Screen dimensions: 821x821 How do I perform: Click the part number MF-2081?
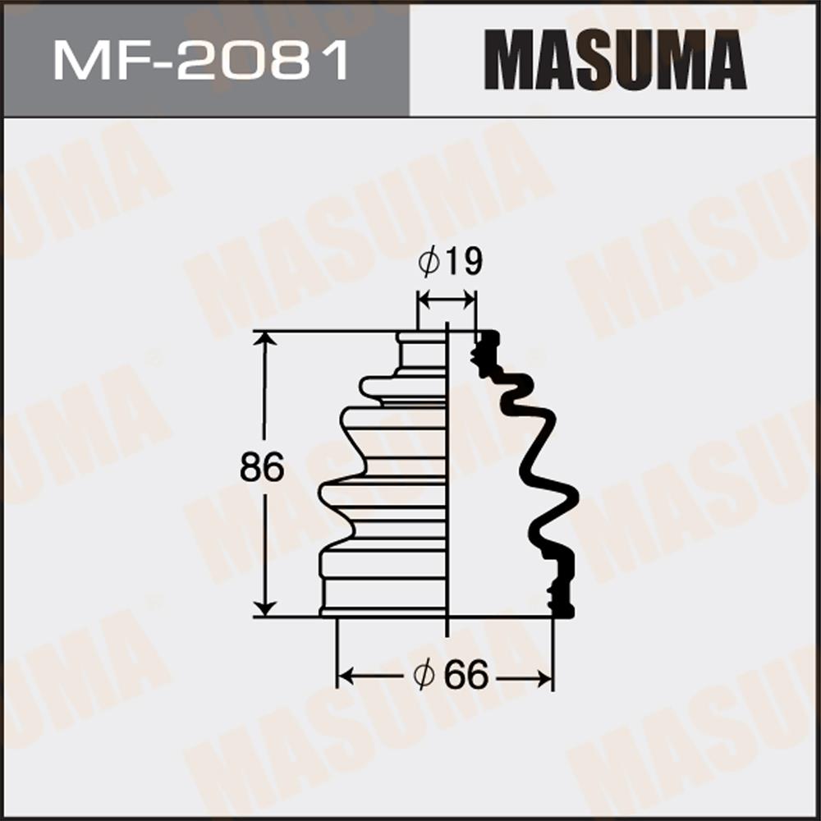[201, 62]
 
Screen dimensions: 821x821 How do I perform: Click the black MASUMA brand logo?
[615, 60]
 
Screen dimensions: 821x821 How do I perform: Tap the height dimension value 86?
[262, 467]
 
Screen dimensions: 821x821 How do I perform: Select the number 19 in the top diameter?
[463, 262]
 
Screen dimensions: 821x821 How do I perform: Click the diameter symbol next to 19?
[429, 262]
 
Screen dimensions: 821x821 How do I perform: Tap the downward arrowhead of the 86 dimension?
[264, 608]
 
